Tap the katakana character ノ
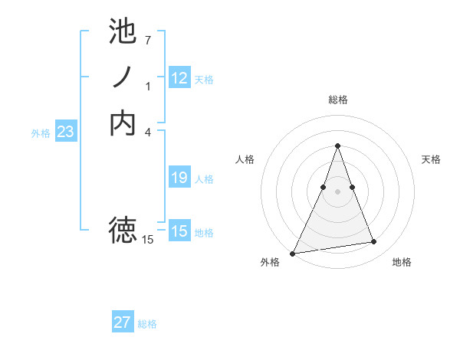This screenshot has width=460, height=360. tap(123, 77)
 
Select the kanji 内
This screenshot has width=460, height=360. tap(123, 123)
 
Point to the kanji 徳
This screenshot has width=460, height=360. tap(123, 229)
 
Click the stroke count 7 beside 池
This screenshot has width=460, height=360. tap(148, 39)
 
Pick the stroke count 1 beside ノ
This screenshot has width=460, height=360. tap(148, 86)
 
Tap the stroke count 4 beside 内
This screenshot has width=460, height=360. tap(148, 131)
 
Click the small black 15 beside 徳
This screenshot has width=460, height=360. tap(148, 240)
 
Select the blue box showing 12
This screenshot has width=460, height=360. tap(179, 77)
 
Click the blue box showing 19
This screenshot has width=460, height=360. tap(179, 178)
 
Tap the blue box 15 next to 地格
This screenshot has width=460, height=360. tap(179, 231)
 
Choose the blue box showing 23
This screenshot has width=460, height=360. tap(65, 132)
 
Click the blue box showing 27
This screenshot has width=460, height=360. tap(123, 322)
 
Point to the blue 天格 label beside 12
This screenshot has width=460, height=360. tap(204, 79)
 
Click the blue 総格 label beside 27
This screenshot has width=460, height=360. tap(147, 324)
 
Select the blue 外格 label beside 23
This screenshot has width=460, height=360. tap(41, 133)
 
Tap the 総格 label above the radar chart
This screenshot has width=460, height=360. tap(337, 100)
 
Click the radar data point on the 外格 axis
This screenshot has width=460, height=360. tap(293, 253)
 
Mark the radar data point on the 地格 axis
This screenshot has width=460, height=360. tap(374, 242)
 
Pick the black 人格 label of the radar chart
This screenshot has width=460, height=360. tap(245, 159)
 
